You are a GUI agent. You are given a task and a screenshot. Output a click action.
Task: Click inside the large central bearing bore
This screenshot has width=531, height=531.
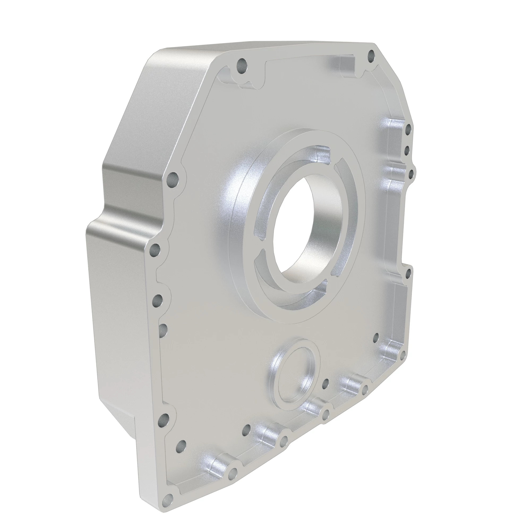coord(299,228)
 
